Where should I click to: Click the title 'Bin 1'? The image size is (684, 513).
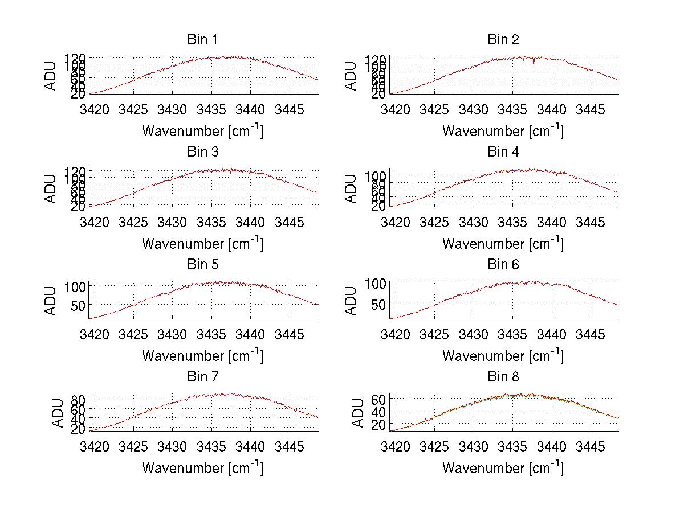[x=202, y=40]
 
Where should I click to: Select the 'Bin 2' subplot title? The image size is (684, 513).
[x=503, y=40]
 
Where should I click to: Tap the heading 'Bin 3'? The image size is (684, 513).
[x=202, y=152]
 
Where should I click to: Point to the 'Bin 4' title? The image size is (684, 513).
[x=503, y=152]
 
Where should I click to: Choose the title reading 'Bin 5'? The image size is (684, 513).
[x=202, y=265]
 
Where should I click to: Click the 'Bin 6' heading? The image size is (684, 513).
[x=503, y=265]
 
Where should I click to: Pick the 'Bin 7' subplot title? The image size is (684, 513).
[x=202, y=377]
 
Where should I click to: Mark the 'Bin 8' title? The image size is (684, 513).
[x=503, y=377]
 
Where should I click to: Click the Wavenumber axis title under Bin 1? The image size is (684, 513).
[x=202, y=131]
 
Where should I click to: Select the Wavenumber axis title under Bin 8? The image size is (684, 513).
[x=503, y=468]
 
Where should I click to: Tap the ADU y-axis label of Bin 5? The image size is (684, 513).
[x=51, y=301]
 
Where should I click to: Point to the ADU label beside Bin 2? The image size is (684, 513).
[x=351, y=76]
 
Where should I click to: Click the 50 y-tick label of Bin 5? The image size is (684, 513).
[x=79, y=305]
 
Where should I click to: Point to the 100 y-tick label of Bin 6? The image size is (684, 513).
[x=376, y=283]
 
